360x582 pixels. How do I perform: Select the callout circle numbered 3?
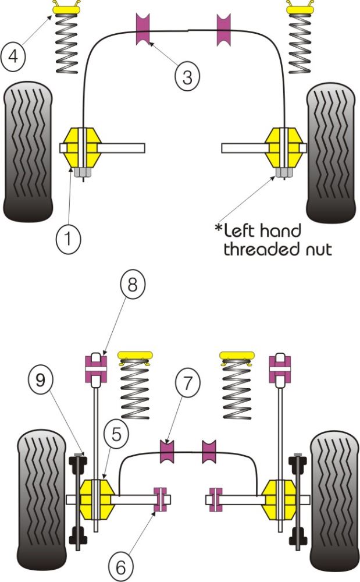click(x=186, y=77)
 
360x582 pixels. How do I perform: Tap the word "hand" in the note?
click(x=281, y=231)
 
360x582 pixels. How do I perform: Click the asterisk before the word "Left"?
click(x=219, y=228)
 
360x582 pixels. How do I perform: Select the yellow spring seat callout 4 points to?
click(x=66, y=8)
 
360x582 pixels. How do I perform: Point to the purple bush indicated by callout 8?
click(x=95, y=368)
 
